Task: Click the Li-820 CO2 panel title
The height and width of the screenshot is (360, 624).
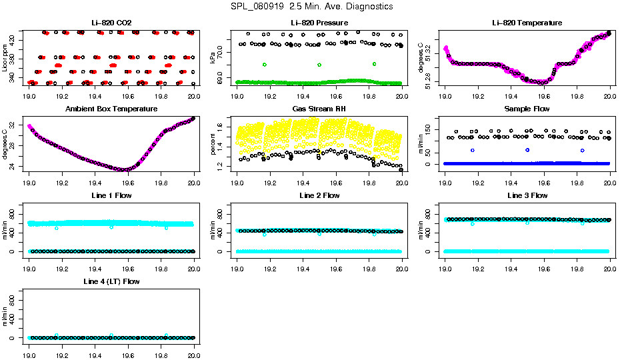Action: [x=111, y=23]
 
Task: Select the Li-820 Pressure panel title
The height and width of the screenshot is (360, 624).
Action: [x=319, y=23]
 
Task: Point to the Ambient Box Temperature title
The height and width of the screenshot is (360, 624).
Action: [x=111, y=109]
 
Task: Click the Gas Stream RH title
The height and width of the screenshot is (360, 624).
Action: [x=319, y=109]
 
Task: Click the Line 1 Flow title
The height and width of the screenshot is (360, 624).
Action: [x=111, y=195]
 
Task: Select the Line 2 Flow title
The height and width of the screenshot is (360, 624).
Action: [x=319, y=195]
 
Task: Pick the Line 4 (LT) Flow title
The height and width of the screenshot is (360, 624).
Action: [x=111, y=281]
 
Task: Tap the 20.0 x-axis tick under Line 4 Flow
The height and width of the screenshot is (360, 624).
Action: [x=194, y=348]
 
